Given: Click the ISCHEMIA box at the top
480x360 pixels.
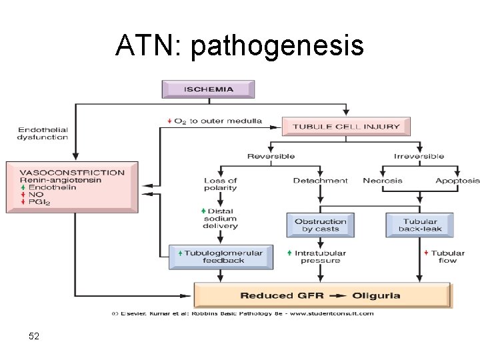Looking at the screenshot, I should point(208,89).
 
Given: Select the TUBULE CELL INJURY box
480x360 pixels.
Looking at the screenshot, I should point(346,126).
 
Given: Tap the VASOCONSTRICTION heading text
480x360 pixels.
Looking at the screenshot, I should point(72,172).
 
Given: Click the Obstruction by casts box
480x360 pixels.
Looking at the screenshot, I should point(321,225).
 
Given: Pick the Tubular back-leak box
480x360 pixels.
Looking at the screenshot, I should point(419,225).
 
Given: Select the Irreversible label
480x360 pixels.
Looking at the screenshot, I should point(419,157).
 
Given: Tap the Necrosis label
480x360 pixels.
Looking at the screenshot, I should point(383,181).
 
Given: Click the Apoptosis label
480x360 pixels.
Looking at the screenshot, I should point(457,181).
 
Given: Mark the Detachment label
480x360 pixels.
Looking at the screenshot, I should point(321,181).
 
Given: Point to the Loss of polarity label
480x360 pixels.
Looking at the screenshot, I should point(221,184).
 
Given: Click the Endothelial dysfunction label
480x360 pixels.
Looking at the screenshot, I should point(43,133).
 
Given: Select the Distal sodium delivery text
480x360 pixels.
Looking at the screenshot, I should point(221,219).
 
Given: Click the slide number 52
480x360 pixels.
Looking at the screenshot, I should point(34,337).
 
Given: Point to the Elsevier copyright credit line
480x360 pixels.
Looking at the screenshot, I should point(242,313).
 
